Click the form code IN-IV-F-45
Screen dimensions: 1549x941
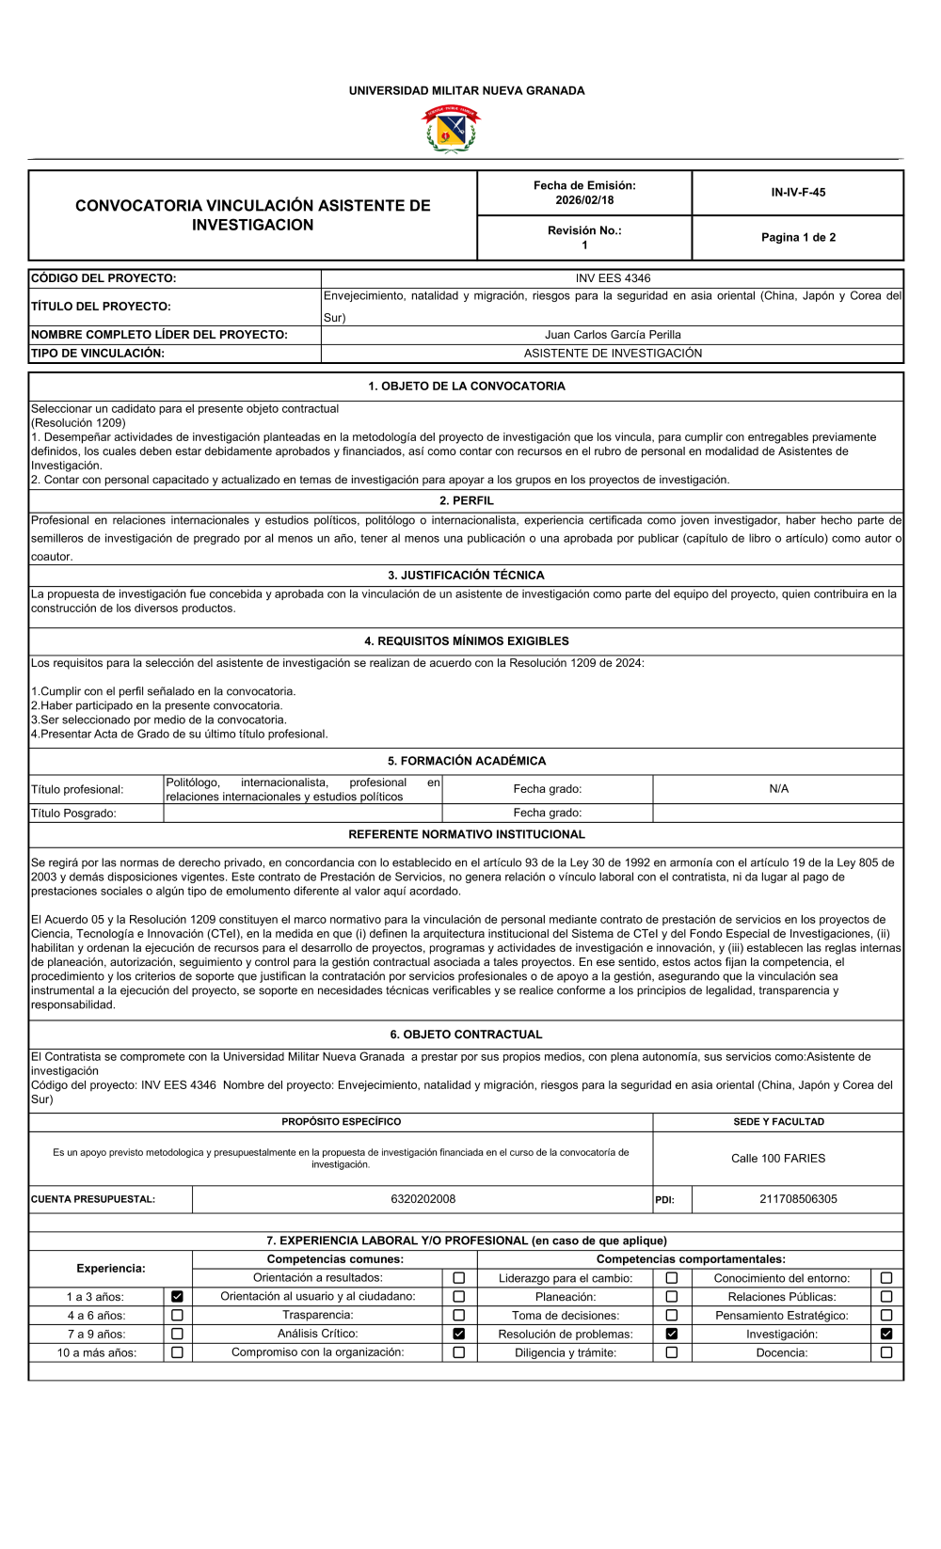tap(798, 193)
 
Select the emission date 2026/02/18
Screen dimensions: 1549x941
tap(584, 200)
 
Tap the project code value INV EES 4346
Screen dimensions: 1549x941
tap(613, 278)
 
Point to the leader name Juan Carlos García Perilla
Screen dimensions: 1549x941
tap(613, 335)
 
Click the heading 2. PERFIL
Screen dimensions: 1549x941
tap(467, 501)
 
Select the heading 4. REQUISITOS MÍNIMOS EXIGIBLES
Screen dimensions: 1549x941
tap(467, 641)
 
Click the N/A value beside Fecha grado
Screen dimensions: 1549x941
tap(778, 789)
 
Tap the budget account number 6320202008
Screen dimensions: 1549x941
tap(423, 1199)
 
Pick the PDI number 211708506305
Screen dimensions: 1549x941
tap(798, 1199)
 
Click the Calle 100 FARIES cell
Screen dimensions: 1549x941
tap(778, 1159)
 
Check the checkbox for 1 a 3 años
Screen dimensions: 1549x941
tap(177, 1297)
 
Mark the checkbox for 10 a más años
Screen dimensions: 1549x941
tap(177, 1353)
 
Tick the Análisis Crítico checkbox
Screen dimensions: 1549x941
tap(459, 1335)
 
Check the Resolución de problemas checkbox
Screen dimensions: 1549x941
tap(672, 1335)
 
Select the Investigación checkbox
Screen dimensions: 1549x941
tap(886, 1335)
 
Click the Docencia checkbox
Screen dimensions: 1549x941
tap(886, 1353)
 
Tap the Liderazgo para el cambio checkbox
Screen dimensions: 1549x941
tap(672, 1278)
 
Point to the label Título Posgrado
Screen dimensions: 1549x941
tap(73, 814)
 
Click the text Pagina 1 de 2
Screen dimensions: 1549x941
tap(798, 238)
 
